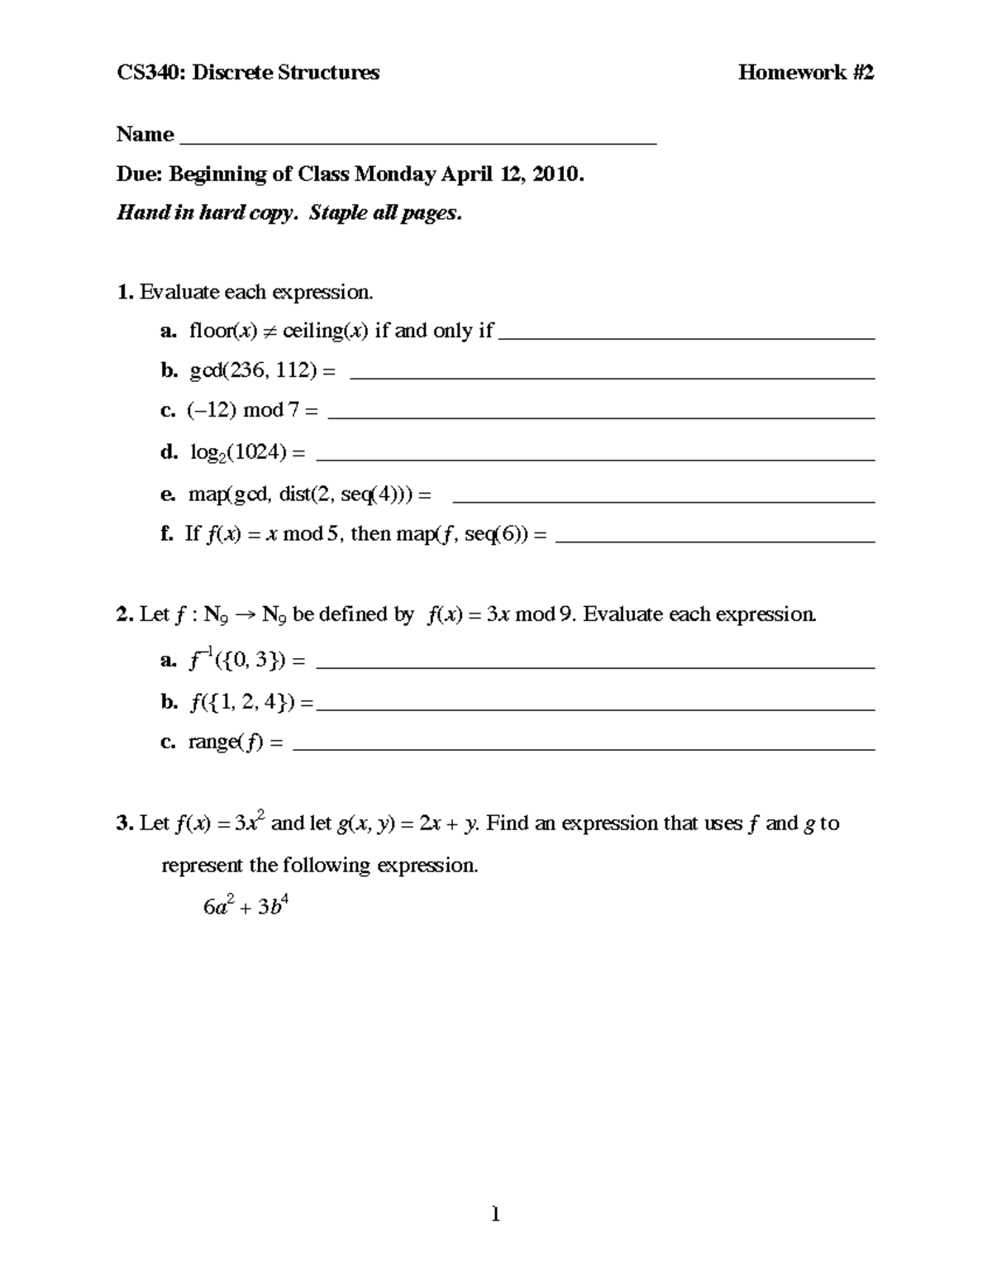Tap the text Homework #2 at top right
point(805,73)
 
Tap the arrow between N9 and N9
point(246,615)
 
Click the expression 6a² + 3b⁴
point(245,906)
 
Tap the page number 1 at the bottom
point(496,1215)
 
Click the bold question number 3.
point(125,823)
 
